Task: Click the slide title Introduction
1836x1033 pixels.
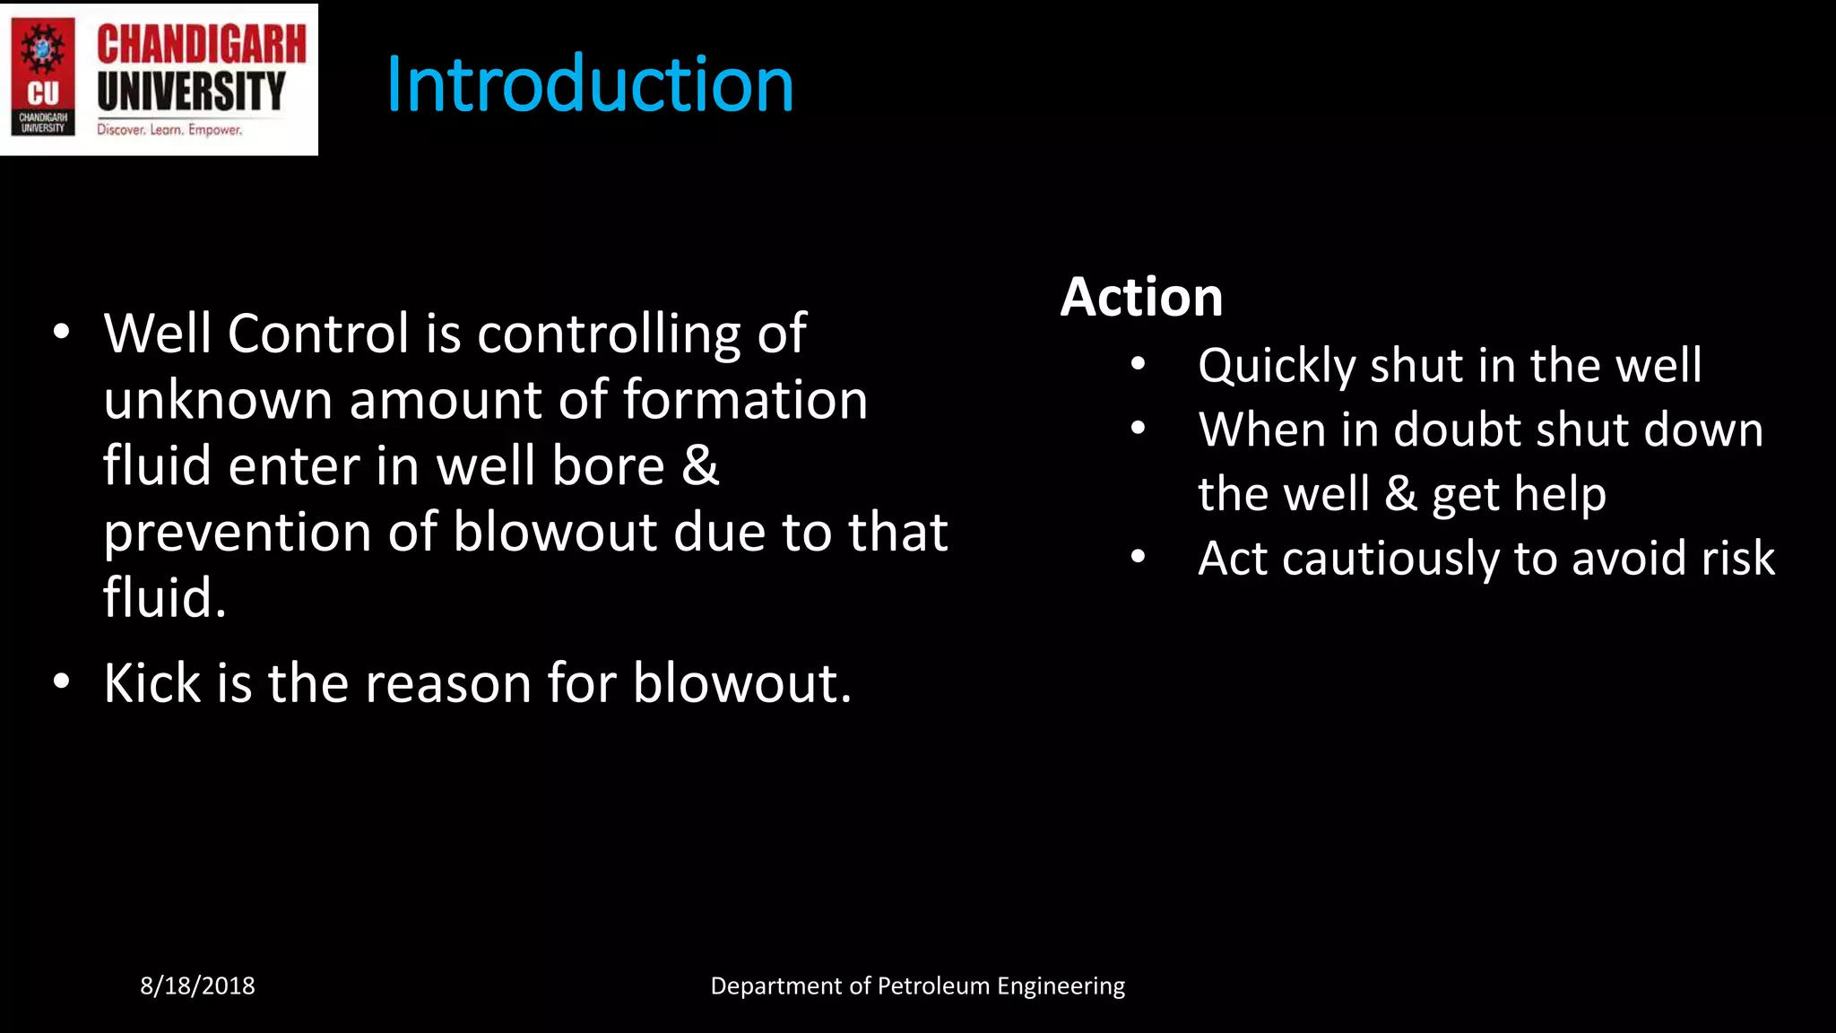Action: coord(589,84)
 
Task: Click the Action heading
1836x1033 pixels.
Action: coord(1141,297)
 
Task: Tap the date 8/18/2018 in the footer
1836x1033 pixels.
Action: coord(197,985)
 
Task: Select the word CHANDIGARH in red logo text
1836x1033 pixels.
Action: coord(201,45)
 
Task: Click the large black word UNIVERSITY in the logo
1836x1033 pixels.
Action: coord(191,91)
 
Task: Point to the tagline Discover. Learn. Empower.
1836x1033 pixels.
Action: coord(169,130)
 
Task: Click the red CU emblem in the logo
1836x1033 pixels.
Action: coord(42,76)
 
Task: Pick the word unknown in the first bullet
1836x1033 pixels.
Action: coord(218,400)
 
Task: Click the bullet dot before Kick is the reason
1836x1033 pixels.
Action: coord(61,681)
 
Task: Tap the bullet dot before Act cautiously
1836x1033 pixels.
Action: coord(1138,557)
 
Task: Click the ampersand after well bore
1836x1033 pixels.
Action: coord(700,466)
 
